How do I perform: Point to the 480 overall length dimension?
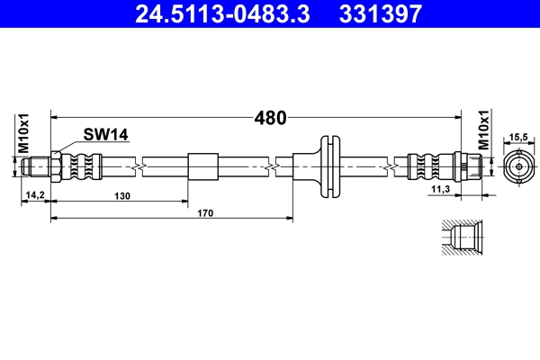(270, 117)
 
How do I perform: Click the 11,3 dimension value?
(441, 191)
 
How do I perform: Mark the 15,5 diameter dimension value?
(518, 137)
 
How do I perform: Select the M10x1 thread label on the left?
(24, 132)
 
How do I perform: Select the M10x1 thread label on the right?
(483, 131)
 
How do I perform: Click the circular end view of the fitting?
(518, 166)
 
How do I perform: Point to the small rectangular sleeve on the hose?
(202, 166)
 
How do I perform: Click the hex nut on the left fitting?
(56, 166)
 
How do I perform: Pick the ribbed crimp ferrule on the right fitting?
(428, 166)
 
